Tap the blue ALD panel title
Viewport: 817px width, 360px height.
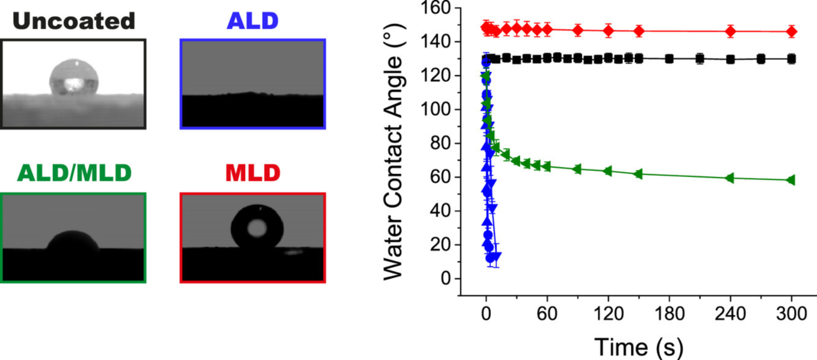[x=253, y=21]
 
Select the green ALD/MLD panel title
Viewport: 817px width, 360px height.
[x=73, y=174]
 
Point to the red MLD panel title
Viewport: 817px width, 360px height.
[x=253, y=174]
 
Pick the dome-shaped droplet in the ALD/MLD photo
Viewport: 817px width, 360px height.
[x=73, y=241]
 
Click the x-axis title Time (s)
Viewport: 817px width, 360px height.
[x=638, y=346]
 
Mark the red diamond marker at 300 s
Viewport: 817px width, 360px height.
[x=791, y=31]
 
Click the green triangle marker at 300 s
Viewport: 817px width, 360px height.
[x=791, y=180]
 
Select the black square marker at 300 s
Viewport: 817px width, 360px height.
[x=791, y=59]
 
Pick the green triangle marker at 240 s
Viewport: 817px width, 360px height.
[x=730, y=178]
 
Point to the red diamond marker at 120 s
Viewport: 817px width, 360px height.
[x=608, y=30]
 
